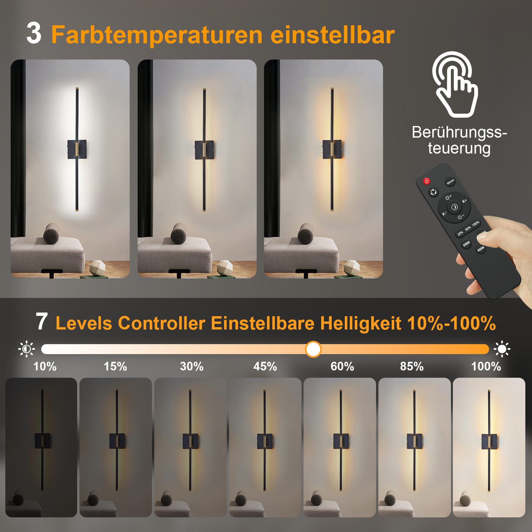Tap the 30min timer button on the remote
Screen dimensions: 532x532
tap(450, 182)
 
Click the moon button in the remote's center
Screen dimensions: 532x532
tap(454, 207)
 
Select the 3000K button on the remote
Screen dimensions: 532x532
tap(466, 244)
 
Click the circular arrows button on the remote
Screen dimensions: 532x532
tap(433, 192)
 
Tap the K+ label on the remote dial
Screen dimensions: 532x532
tap(464, 201)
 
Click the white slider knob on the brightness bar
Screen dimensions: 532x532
tap(313, 349)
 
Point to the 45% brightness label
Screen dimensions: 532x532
tap(265, 366)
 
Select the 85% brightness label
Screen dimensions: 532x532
tap(412, 366)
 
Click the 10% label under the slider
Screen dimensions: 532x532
tap(45, 366)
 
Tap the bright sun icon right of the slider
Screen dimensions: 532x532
tap(502, 349)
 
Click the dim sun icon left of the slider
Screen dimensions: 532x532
tap(26, 349)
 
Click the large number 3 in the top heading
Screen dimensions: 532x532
tap(34, 34)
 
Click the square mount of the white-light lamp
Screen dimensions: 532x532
tap(77, 150)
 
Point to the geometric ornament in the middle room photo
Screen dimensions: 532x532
tap(224, 267)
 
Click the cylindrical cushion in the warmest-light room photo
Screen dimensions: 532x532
tap(305, 233)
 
